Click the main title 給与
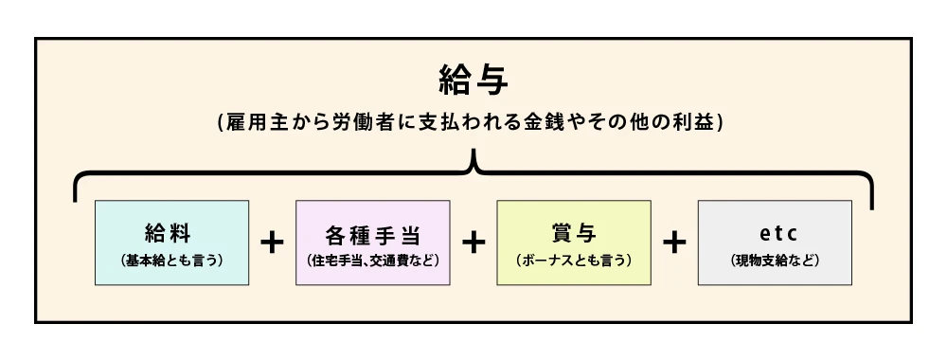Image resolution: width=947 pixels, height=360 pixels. (473, 80)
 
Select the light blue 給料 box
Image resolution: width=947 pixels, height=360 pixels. (171, 243)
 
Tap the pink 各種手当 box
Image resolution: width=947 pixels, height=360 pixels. (373, 243)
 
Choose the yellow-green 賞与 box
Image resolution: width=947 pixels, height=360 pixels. (574, 243)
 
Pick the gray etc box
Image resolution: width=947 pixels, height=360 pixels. (775, 243)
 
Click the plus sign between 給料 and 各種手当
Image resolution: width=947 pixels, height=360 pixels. (272, 243)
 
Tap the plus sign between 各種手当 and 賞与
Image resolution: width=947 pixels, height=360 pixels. (473, 243)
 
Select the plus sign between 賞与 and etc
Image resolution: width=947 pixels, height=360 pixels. (674, 243)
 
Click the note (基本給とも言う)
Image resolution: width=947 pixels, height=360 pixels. (171, 259)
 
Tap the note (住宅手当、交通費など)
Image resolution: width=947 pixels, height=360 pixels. (373, 259)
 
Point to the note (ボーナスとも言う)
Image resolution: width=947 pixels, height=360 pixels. (574, 259)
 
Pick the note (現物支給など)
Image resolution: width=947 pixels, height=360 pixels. (775, 259)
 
